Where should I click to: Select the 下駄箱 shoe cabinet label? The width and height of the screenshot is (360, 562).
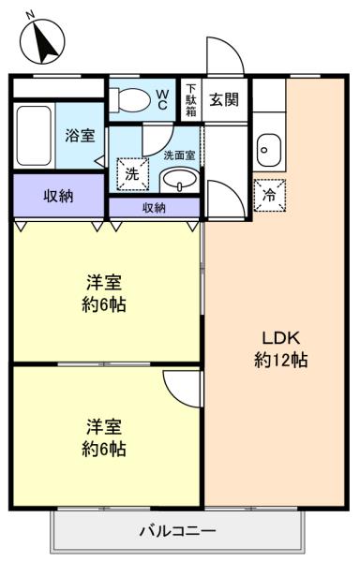click(x=190, y=98)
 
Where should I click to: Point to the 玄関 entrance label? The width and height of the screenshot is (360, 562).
click(x=223, y=98)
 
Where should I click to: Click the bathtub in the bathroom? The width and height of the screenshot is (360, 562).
click(x=34, y=135)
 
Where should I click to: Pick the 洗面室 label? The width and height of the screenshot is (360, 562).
click(x=179, y=155)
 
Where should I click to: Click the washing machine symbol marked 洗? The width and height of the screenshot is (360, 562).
click(x=131, y=173)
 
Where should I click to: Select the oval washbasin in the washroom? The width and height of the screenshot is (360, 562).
click(x=178, y=179)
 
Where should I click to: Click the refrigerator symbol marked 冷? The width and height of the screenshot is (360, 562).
click(x=270, y=195)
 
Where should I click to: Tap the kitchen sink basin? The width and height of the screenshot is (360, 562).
click(x=269, y=147)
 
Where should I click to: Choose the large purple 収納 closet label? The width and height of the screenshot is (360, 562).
click(x=59, y=196)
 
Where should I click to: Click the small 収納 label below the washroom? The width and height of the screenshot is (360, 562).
click(x=155, y=207)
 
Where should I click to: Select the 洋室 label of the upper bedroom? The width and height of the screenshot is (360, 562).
click(x=104, y=282)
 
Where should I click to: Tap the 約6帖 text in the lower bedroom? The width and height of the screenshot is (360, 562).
click(x=104, y=448)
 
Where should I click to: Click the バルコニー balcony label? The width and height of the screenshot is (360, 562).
click(x=178, y=530)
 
